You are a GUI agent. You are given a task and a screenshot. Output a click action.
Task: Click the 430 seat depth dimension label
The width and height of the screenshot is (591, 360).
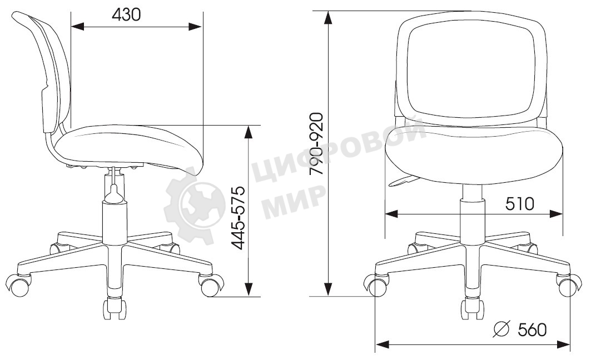click(x=126, y=14)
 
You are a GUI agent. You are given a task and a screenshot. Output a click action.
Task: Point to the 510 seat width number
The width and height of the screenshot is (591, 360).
click(x=519, y=204)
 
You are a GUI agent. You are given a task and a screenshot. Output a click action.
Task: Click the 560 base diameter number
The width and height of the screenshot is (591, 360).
click(x=532, y=329)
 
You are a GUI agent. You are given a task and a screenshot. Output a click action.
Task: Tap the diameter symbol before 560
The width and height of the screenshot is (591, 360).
click(x=501, y=329)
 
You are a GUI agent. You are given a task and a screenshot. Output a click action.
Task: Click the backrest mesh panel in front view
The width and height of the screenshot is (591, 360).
click(x=471, y=71)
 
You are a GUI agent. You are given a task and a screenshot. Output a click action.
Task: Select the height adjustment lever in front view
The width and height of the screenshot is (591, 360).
click(x=403, y=181)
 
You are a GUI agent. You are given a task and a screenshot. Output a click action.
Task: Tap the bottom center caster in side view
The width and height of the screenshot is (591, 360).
click(x=115, y=309)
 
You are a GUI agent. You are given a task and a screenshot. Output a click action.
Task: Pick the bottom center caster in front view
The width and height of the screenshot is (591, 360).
click(x=471, y=308)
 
